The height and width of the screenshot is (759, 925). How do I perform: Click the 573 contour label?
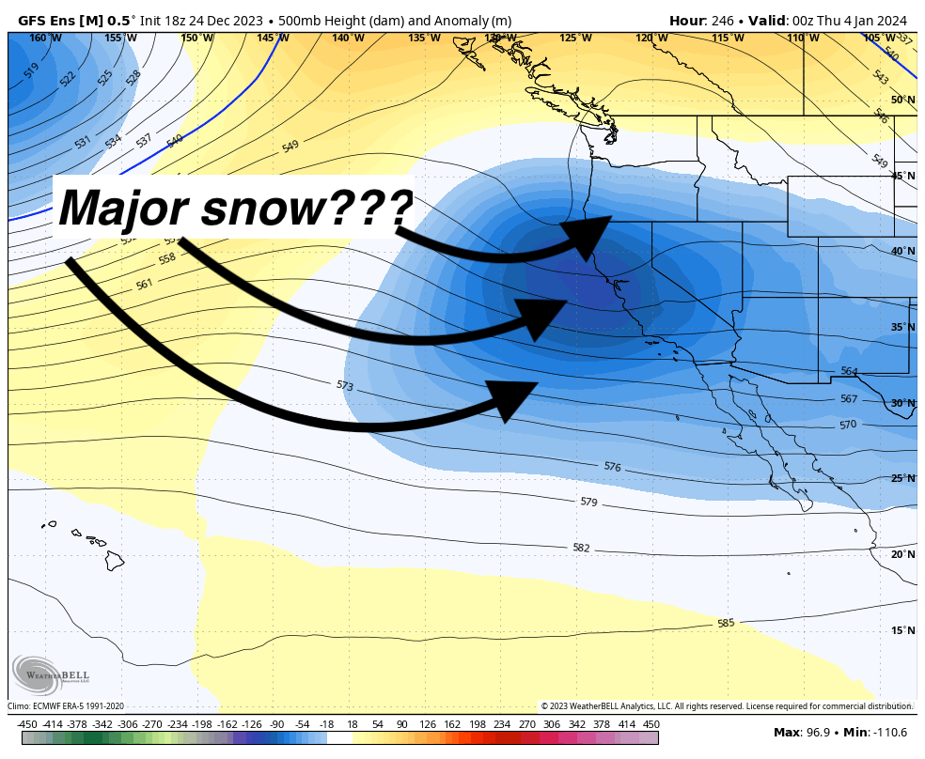[x=344, y=385]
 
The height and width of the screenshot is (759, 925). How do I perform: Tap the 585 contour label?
[x=726, y=623]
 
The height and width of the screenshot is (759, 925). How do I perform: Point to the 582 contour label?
[x=581, y=548]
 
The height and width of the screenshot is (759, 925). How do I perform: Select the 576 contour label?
[x=613, y=467]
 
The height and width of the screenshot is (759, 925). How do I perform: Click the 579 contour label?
[x=588, y=503]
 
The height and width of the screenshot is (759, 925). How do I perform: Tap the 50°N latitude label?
[x=902, y=100]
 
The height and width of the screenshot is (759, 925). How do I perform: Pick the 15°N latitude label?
[x=902, y=630]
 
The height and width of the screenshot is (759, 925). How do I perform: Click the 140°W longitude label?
[x=348, y=38]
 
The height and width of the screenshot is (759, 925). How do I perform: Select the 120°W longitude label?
[x=651, y=38]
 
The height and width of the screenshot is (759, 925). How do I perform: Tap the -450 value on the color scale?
[x=27, y=724]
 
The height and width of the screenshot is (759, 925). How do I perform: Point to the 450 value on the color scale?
[x=651, y=724]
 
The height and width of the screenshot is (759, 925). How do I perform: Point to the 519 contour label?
[x=31, y=70]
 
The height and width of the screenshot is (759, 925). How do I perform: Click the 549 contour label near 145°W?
[x=290, y=147]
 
